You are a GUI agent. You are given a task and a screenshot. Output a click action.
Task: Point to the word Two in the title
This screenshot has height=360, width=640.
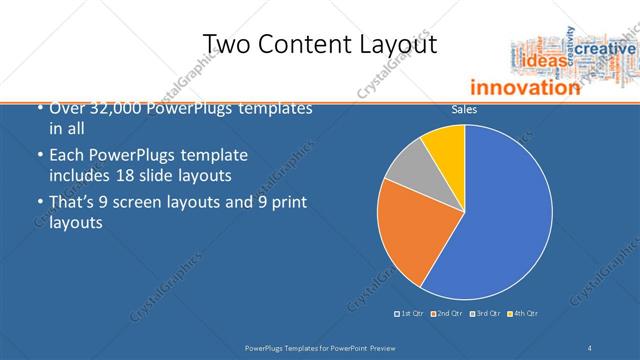pos(228,45)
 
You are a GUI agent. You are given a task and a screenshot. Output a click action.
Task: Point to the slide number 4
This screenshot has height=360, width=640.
pos(591,347)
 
